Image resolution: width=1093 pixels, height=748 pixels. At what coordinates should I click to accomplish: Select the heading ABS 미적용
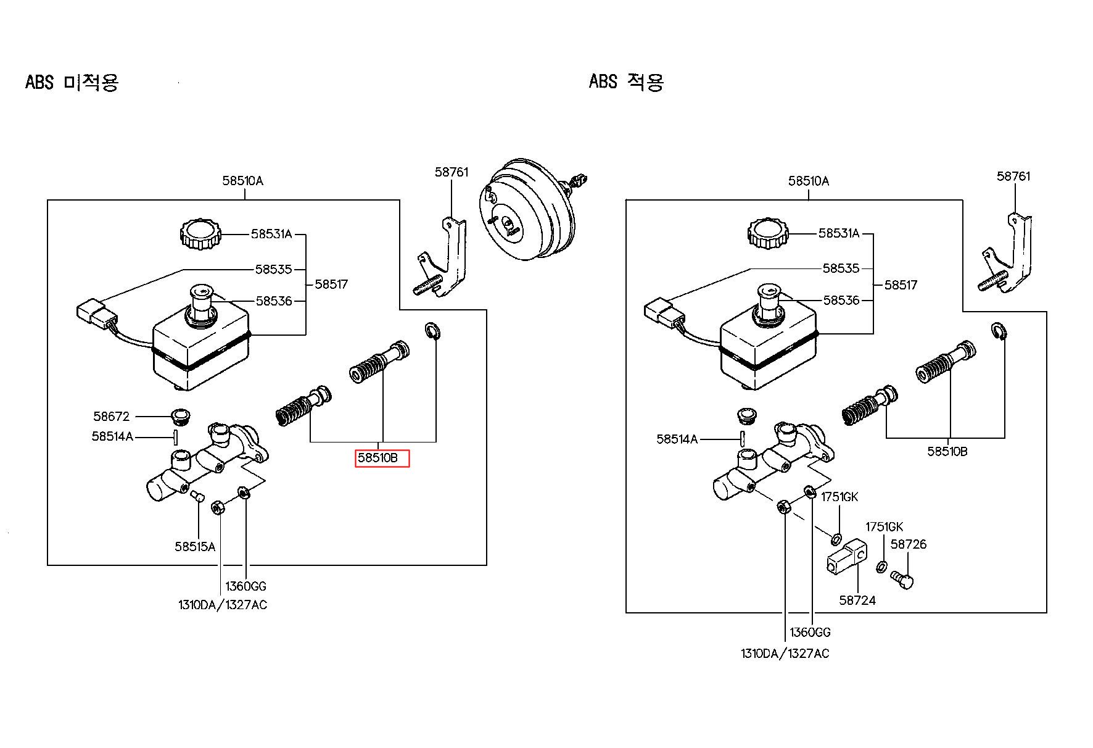72,81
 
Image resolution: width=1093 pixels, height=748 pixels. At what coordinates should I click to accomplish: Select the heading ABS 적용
626,81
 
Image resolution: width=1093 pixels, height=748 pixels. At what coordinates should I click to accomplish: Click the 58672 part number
112,417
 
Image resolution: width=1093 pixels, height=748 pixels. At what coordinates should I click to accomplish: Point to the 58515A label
195,546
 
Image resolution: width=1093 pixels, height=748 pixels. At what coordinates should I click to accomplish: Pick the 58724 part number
857,600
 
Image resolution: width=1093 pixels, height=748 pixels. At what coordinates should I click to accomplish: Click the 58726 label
909,544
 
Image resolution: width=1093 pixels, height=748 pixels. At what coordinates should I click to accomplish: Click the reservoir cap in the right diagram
768,233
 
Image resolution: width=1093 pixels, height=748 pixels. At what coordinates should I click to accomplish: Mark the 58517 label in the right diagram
901,285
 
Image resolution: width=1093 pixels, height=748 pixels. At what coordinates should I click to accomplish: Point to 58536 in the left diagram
274,301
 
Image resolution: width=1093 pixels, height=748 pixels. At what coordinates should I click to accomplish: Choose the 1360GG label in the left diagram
245,586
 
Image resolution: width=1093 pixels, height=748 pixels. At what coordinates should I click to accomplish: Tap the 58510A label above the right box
809,181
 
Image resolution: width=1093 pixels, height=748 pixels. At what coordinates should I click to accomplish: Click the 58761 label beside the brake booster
452,172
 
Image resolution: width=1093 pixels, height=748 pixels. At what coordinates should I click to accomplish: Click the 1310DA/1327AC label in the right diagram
785,653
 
